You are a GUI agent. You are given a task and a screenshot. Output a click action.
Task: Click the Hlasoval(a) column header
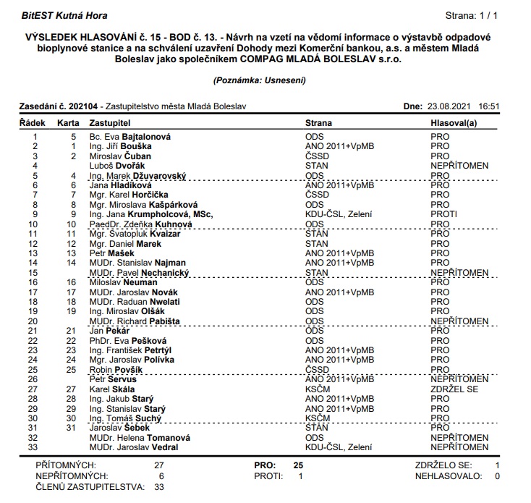[x=454, y=123]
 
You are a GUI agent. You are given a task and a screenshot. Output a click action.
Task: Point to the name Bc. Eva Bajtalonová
[x=131, y=136]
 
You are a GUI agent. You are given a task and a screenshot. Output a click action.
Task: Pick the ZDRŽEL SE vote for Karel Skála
[x=454, y=389]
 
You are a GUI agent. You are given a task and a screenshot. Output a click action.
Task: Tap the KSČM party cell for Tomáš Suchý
[x=318, y=418]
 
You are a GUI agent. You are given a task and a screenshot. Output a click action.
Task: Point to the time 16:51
[x=490, y=106]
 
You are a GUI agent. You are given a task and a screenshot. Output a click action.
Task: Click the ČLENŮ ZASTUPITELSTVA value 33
[x=159, y=488]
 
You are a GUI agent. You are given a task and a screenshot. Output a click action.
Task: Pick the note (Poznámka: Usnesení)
[x=258, y=80]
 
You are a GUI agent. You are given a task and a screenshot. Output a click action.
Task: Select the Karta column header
[x=68, y=123]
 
